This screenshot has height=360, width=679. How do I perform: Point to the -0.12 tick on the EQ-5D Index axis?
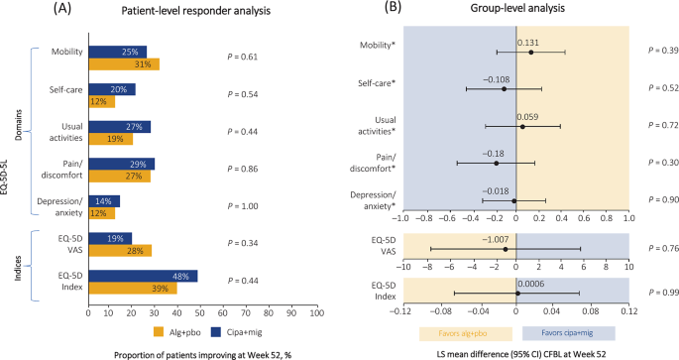click(x=401, y=310)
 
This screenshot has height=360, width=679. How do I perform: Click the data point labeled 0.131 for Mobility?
click(x=530, y=52)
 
